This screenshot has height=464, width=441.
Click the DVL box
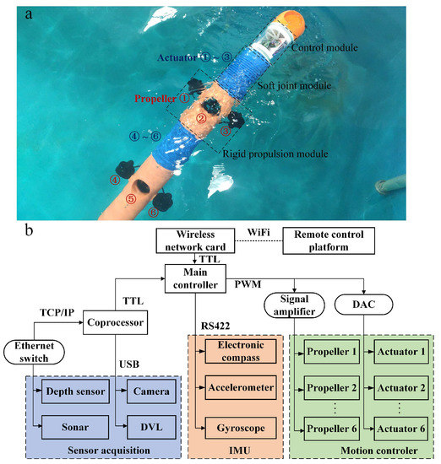pos(151,427)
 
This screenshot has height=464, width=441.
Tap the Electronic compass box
pos(241,351)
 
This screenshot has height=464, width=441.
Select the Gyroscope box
pos(241,427)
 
